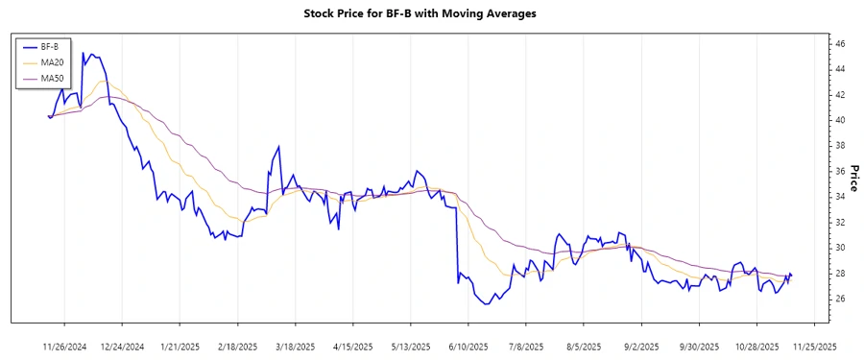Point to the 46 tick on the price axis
[x=839, y=44]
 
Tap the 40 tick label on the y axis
[x=839, y=120]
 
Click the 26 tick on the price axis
[x=839, y=299]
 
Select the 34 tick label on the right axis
[x=839, y=197]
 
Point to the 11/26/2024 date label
[x=64, y=346]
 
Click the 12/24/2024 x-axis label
[x=122, y=346]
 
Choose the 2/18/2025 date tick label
[x=237, y=346]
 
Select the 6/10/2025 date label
[x=468, y=346]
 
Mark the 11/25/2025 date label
[x=814, y=346]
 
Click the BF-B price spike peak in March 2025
[x=278, y=147]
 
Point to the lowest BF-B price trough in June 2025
[x=487, y=304]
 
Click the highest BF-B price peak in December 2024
[x=84, y=53]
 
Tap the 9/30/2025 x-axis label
[x=699, y=346]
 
